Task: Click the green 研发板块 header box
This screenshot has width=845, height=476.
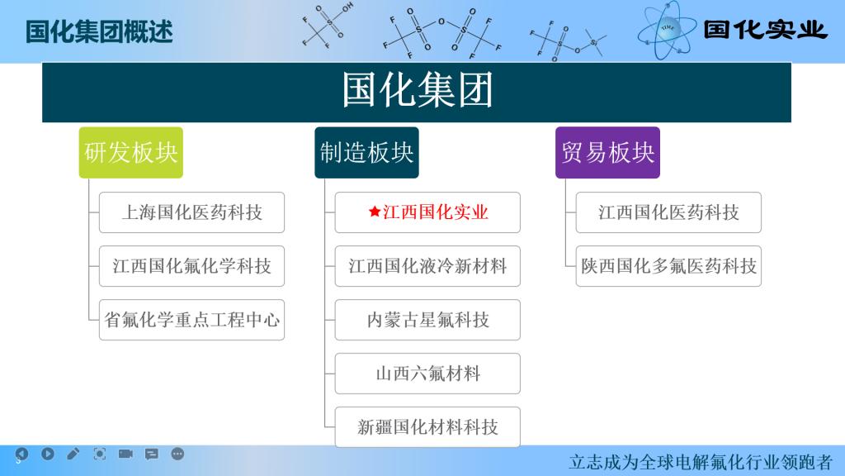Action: [131, 153]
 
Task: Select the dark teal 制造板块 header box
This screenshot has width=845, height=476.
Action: [366, 153]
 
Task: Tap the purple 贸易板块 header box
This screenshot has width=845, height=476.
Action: [607, 153]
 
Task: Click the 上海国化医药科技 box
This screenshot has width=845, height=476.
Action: [191, 212]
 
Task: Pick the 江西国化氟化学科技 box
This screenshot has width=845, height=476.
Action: [191, 266]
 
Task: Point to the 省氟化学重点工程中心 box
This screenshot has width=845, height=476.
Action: [191, 320]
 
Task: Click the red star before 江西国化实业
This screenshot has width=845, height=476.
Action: [375, 212]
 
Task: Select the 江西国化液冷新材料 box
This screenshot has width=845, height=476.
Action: [427, 266]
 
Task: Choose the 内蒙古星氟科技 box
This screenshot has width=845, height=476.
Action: [427, 320]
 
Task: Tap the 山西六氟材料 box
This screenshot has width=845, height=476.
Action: [427, 374]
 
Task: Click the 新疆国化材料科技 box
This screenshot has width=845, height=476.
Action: [427, 427]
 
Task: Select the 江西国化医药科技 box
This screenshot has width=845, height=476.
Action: [668, 212]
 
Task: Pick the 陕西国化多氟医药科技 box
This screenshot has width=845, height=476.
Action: [668, 266]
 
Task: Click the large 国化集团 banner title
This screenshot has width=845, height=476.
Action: [418, 90]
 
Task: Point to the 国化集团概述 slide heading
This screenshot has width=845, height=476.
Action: [99, 31]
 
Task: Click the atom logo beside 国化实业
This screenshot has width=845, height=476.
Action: [667, 31]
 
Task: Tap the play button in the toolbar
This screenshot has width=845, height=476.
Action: [47, 454]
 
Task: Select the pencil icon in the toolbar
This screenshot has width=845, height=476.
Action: [73, 454]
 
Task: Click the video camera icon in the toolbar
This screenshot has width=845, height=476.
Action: [125, 454]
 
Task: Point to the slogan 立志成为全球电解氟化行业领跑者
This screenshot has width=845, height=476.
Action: [701, 463]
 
